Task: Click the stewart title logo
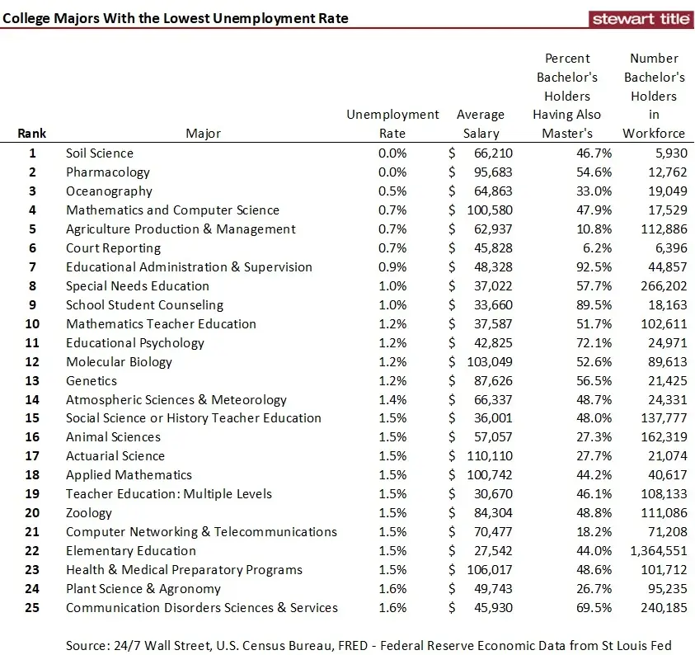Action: coord(641,19)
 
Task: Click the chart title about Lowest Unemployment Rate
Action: coord(175,18)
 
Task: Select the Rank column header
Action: coord(32,133)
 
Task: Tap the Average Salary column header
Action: coord(481,124)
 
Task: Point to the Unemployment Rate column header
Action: coord(392,124)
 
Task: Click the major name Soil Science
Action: coord(100,153)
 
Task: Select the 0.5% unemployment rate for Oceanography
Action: coord(392,191)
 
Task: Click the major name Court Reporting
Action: coord(114,247)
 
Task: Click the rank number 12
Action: coord(33,361)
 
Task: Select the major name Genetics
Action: coord(92,380)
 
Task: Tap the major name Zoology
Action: coord(89,512)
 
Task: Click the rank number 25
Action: coord(33,607)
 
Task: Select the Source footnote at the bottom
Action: coord(369,645)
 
